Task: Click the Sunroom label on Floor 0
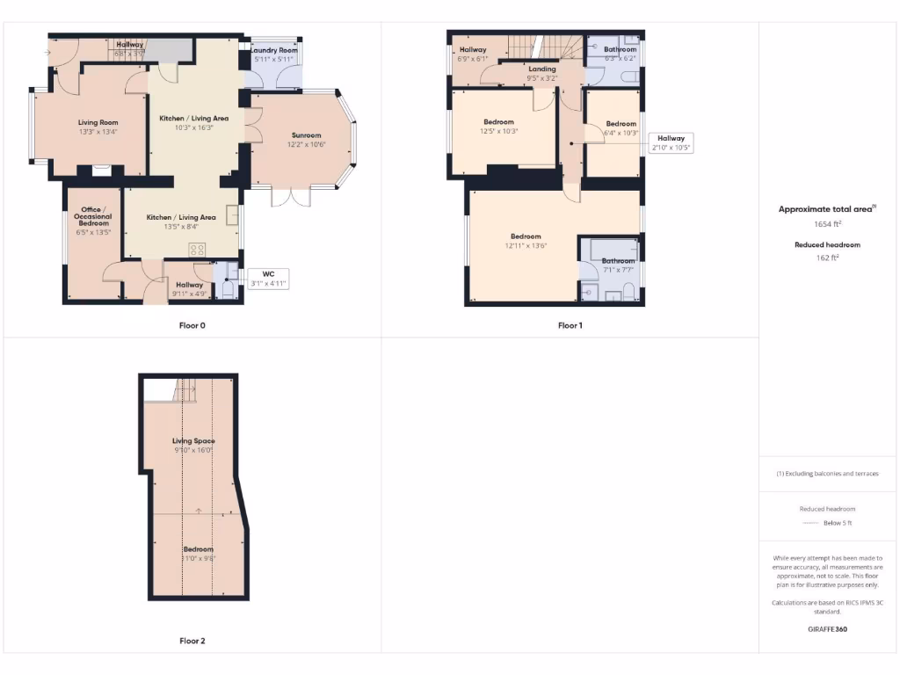[x=307, y=135]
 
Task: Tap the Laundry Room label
[x=274, y=51]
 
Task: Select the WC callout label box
[x=268, y=279]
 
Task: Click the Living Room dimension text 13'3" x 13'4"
[x=98, y=132]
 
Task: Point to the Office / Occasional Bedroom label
[x=93, y=216]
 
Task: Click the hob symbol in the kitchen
[x=197, y=250]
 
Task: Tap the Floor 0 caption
[x=192, y=325]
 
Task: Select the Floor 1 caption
[x=570, y=325]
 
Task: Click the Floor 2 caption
[x=192, y=641]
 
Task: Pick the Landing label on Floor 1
[x=541, y=69]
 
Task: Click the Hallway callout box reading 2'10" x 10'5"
[x=671, y=143]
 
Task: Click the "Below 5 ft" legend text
[x=838, y=524]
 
